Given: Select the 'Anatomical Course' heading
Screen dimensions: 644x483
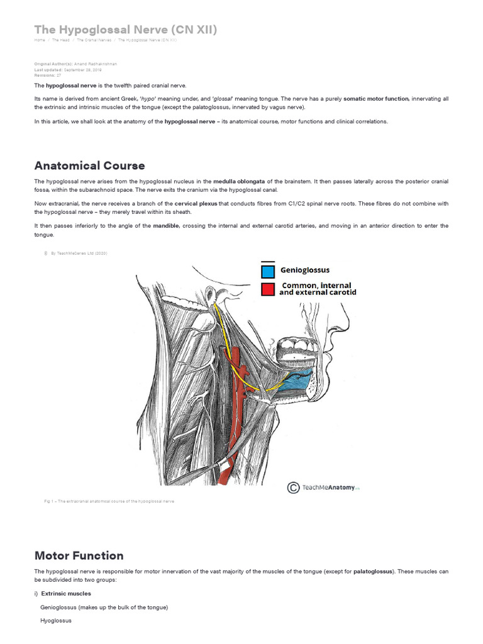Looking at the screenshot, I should [x=89, y=165].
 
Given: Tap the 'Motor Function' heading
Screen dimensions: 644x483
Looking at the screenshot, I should [x=79, y=555].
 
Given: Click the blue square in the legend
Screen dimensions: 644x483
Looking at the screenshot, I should [x=268, y=271].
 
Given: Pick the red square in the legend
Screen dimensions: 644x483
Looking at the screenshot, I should [x=268, y=289].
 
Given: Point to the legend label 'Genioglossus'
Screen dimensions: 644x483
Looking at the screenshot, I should [x=305, y=271].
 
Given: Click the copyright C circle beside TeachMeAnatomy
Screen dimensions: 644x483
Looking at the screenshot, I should [x=293, y=487].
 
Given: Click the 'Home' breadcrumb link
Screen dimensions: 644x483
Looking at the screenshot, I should [x=39, y=40].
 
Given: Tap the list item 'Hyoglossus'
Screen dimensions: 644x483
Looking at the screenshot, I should [x=56, y=621].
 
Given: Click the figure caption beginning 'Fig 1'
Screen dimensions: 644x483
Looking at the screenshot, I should [x=104, y=501].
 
